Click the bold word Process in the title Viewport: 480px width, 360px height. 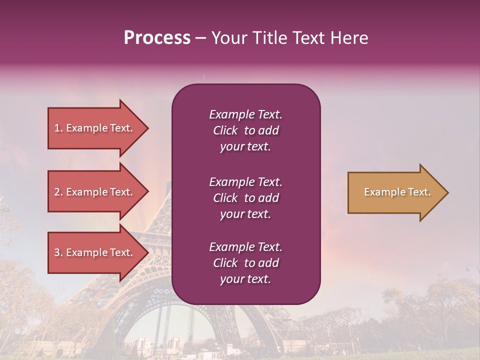click(x=157, y=38)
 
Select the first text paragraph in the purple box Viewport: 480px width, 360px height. click(x=245, y=130)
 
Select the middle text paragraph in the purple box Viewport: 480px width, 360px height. click(x=245, y=198)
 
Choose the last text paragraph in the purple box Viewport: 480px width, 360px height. click(x=245, y=263)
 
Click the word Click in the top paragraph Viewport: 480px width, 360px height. click(x=225, y=130)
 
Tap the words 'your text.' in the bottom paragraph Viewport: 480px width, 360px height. click(x=245, y=279)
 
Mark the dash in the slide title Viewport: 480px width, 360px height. click(x=200, y=38)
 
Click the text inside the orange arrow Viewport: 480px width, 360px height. click(x=397, y=192)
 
